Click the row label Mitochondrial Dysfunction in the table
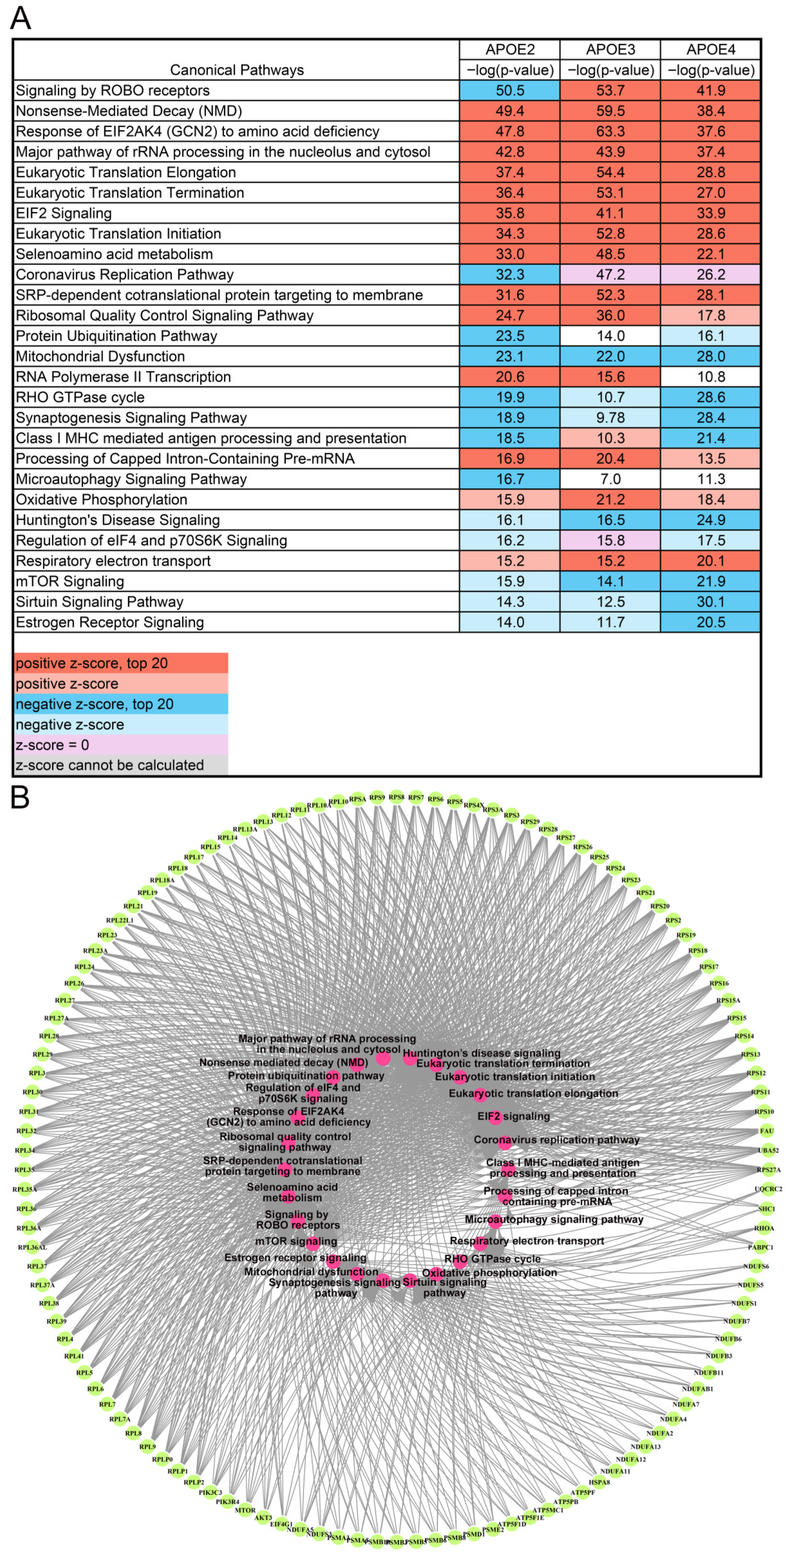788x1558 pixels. [101, 356]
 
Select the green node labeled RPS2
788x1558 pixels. [673, 920]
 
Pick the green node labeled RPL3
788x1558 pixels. [37, 1073]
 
